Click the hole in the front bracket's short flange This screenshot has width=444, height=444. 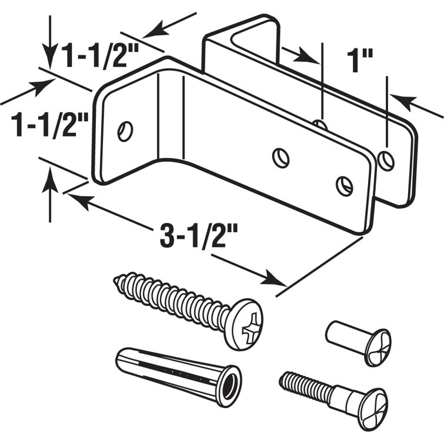coord(125,131)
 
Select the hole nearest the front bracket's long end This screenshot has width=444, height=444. coord(345,185)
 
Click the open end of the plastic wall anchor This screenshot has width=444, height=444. coord(228,386)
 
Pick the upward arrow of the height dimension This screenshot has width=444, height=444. coord(51,176)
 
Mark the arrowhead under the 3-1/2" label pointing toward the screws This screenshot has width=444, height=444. coord(271,278)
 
